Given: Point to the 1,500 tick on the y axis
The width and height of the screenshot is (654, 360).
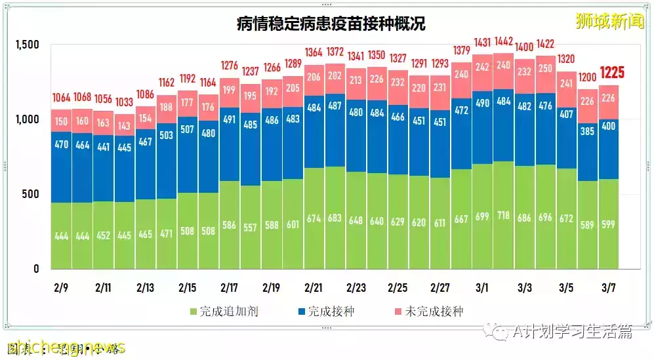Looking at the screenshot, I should (x=27, y=45).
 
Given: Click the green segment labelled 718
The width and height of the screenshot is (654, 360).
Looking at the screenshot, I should (x=503, y=216).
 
